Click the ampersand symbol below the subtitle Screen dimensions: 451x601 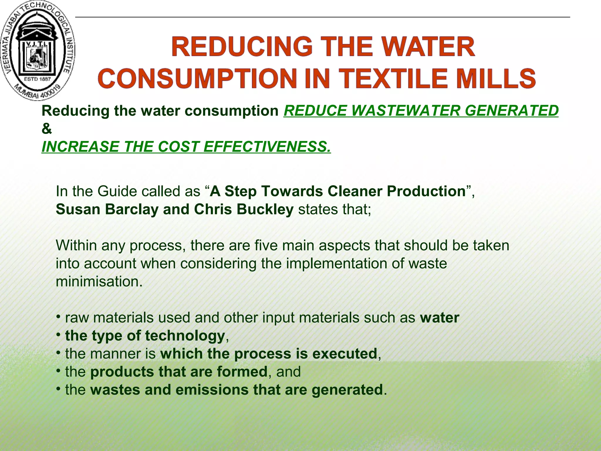click(x=47, y=129)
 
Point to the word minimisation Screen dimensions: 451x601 click(x=99, y=282)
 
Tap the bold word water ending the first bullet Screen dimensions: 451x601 click(x=439, y=318)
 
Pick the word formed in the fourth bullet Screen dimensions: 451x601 click(x=242, y=372)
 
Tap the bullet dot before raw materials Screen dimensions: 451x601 click(x=59, y=317)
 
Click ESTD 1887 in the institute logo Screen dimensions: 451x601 click(x=37, y=79)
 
